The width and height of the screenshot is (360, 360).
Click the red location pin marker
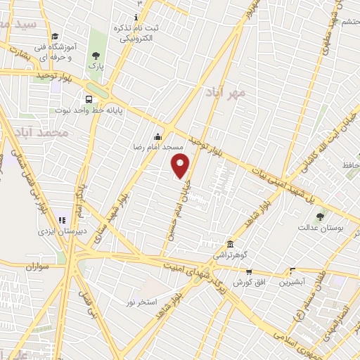pos(181,166)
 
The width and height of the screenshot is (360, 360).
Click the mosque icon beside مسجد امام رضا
pos(158,136)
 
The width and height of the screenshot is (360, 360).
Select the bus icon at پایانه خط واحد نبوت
pos(89,99)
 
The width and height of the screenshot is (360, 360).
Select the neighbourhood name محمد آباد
pos(53,132)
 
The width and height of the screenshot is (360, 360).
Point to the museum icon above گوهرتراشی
pos(230,241)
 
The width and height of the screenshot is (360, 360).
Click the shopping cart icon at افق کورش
pos(248,271)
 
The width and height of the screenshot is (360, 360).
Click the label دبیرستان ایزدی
pos(60,230)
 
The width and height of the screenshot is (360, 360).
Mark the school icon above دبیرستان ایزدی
pos(61,219)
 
